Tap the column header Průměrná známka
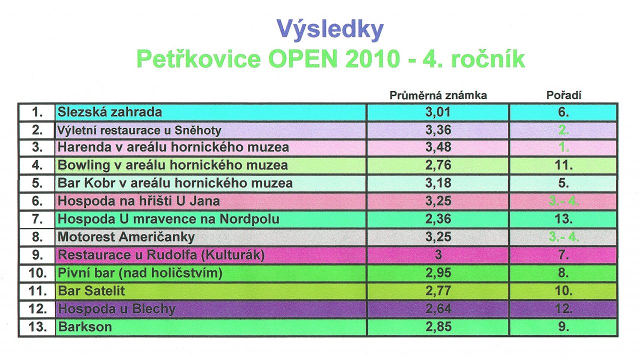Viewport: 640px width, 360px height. [x=438, y=95]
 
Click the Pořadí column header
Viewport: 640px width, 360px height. [x=563, y=95]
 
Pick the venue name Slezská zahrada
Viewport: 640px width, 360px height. [x=109, y=111]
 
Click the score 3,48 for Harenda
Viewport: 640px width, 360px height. [x=438, y=147]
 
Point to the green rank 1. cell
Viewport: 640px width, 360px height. [x=563, y=147]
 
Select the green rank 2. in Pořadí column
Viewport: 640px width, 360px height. [x=563, y=130]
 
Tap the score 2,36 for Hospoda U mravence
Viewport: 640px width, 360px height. [x=438, y=219]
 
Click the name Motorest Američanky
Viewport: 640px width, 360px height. [x=126, y=237]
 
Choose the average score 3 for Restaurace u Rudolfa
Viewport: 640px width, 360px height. [x=438, y=254]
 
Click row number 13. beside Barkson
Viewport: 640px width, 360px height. [x=37, y=327]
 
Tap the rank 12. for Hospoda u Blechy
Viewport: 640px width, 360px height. [x=563, y=309]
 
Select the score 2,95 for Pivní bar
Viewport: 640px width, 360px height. [x=438, y=273]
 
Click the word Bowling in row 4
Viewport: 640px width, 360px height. [x=83, y=165]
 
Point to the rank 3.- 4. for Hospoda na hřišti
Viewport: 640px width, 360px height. [x=563, y=201]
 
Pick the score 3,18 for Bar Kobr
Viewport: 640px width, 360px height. [x=438, y=183]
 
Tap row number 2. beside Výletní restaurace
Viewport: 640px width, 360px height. [x=37, y=130]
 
